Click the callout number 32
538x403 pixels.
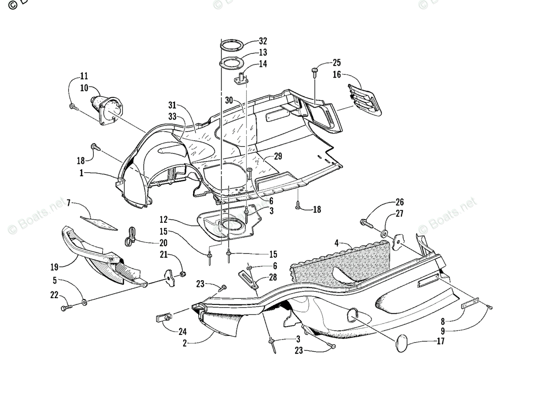[x=263, y=41]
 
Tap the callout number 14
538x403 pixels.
[x=263, y=64]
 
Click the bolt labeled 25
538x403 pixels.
[x=315, y=71]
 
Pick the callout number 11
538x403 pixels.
[x=84, y=76]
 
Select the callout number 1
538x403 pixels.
[x=82, y=173]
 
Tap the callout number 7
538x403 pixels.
[x=69, y=203]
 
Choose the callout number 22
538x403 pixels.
[x=54, y=295]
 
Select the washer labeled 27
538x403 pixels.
[x=385, y=234]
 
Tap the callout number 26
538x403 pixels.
[x=399, y=202]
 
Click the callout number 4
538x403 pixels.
[x=336, y=243]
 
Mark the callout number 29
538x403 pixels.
[x=278, y=156]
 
